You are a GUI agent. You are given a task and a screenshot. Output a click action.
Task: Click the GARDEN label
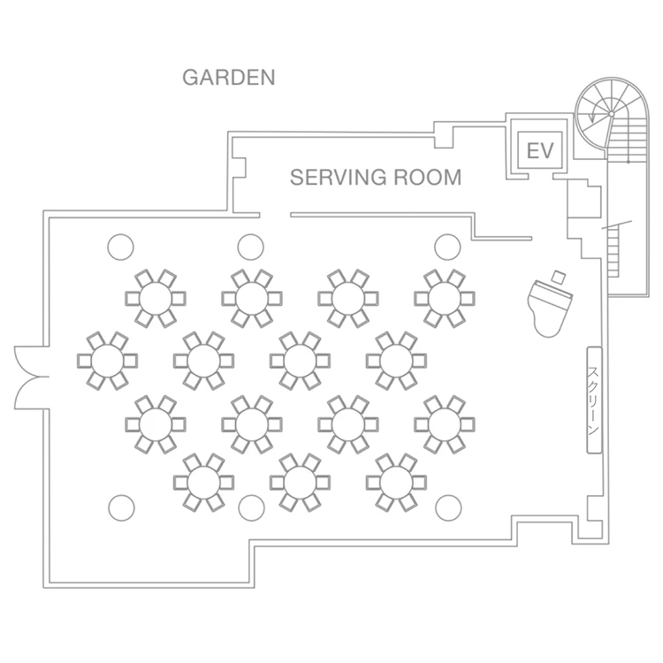click(x=228, y=77)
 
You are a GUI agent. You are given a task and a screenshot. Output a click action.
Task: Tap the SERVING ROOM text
click(x=376, y=178)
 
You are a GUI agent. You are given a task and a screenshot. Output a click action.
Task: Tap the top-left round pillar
click(x=121, y=247)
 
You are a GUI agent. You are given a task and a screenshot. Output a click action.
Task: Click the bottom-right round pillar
click(x=448, y=507)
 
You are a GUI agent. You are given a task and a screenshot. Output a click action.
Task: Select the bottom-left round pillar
click(x=121, y=507)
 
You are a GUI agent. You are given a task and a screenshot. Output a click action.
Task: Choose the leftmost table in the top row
click(x=156, y=297)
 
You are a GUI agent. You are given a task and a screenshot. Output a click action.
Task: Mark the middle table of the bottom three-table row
click(x=300, y=482)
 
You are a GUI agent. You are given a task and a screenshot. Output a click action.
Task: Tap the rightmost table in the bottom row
click(x=396, y=482)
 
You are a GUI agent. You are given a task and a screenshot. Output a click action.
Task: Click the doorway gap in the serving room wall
click(x=275, y=214)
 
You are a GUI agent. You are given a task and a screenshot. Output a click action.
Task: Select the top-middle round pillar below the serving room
click(x=251, y=247)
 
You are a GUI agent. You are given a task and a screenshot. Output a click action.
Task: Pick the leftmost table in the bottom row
click(x=203, y=482)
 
